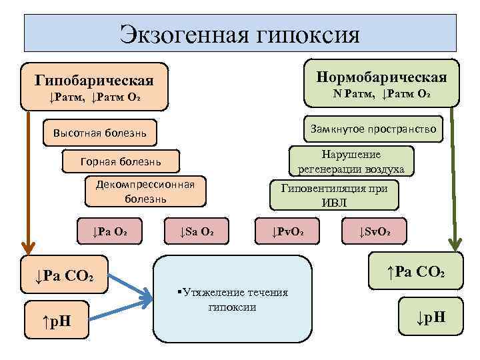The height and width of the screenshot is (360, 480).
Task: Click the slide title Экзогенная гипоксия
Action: [240, 33]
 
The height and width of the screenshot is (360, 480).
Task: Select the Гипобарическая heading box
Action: [94, 87]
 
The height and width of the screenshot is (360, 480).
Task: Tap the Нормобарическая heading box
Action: [382, 84]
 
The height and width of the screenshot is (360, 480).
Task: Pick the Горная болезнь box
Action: [120, 161]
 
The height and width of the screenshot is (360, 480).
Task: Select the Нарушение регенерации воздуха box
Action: [351, 161]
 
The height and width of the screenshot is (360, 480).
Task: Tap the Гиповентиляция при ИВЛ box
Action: [333, 195]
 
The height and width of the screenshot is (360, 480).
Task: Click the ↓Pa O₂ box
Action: [111, 232]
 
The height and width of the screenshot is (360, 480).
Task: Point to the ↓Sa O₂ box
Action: [197, 232]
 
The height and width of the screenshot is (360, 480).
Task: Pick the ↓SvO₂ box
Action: [375, 232]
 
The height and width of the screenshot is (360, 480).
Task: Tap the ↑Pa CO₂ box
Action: [417, 271]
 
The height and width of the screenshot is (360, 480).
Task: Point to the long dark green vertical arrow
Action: [454, 180]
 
